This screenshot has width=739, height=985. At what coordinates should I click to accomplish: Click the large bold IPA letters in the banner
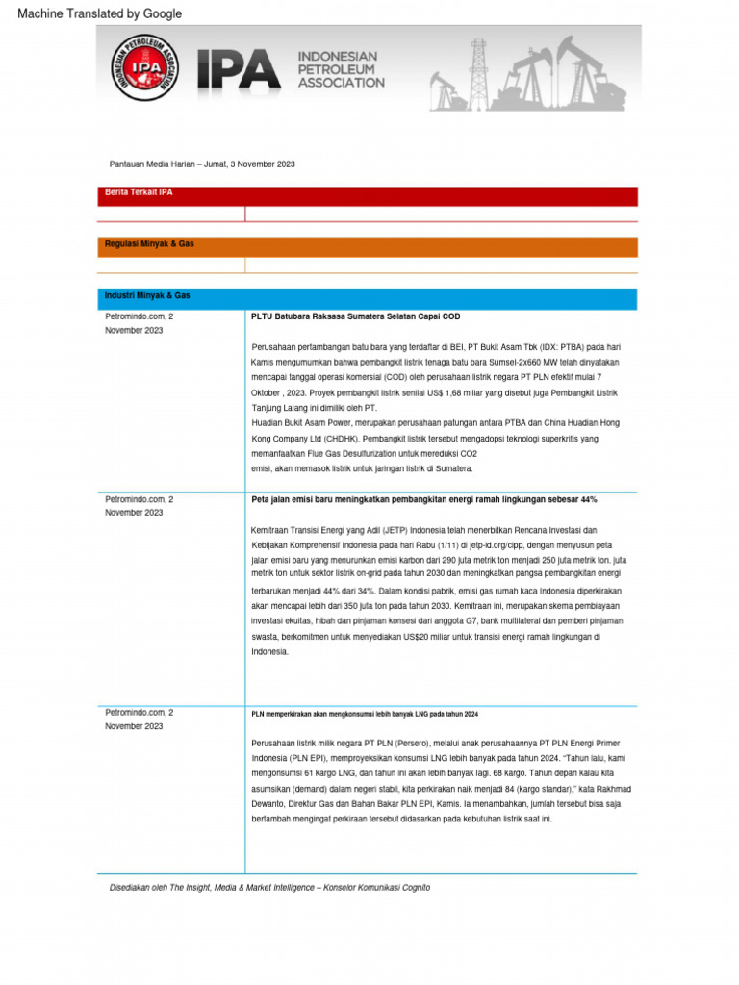239,69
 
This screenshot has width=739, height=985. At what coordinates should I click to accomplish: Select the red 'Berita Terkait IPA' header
140,192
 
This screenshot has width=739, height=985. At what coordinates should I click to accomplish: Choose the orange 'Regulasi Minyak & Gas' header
149,244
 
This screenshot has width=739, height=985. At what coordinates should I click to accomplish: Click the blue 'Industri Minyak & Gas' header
147,295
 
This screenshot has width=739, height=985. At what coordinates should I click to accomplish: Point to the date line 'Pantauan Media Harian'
202,164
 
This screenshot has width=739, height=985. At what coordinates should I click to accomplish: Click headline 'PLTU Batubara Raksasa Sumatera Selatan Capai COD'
355,316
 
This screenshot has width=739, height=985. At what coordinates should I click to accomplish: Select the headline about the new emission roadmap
424,500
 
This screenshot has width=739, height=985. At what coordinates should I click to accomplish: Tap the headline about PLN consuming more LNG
365,715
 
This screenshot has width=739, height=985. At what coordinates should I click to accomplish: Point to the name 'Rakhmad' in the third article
608,789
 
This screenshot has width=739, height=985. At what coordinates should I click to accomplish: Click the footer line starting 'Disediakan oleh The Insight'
269,887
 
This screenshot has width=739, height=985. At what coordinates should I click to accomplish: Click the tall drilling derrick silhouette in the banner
478,72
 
